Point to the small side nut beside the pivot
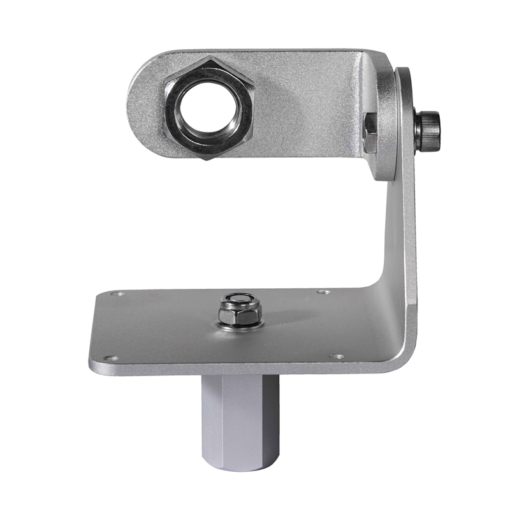tap(370, 133)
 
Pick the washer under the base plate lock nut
tap(240, 325)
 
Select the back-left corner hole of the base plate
tap(118, 294)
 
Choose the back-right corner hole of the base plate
tap(323, 292)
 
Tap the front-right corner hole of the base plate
tap(337, 356)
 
